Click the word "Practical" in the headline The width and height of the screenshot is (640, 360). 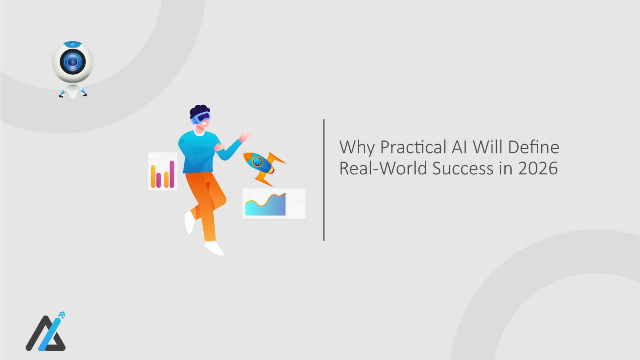pyautogui.click(x=413, y=147)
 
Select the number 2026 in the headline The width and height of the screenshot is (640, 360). pyautogui.click(x=538, y=168)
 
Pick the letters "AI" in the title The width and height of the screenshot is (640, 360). pyautogui.click(x=460, y=147)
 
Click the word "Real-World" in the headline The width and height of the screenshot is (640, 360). pyautogui.click(x=383, y=168)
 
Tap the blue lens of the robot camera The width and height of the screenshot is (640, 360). pyautogui.click(x=72, y=62)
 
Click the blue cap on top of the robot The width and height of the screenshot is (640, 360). pyautogui.click(x=72, y=43)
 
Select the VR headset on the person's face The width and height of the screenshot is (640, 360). pyautogui.click(x=201, y=117)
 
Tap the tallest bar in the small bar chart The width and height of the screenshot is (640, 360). pyautogui.click(x=172, y=174)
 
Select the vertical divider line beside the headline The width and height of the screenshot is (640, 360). pyautogui.click(x=324, y=180)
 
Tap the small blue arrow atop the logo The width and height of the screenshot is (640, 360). pyautogui.click(x=61, y=316)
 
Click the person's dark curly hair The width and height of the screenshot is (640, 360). pyautogui.click(x=199, y=110)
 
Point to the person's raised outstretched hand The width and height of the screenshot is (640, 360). pyautogui.click(x=244, y=137)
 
